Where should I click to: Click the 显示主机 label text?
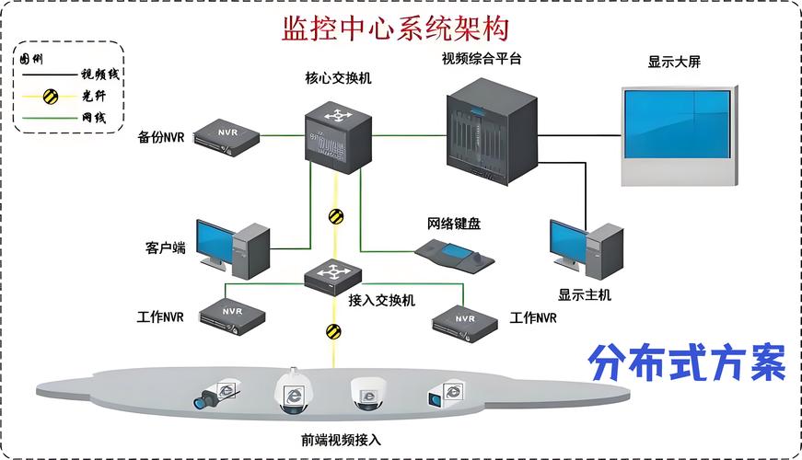pos(585,295)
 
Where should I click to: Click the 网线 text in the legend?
pos(94,118)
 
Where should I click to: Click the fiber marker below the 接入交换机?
pos(332,329)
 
